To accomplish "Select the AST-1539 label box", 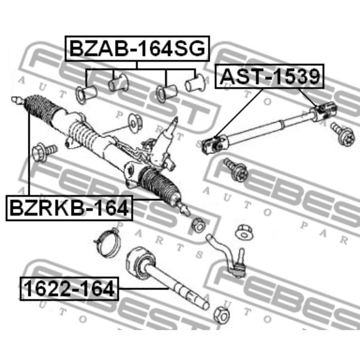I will click(269, 77).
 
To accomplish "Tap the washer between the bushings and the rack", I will click(135, 120).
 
